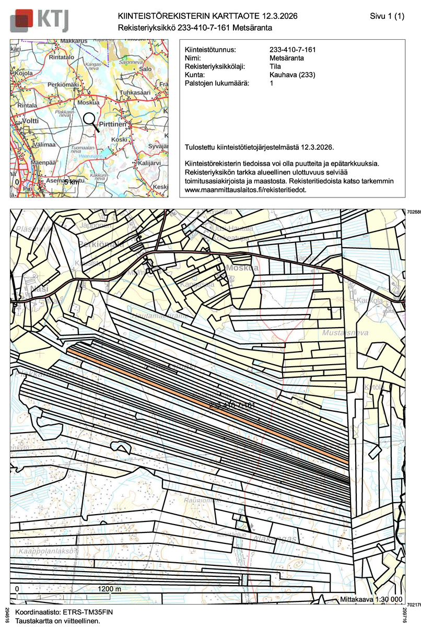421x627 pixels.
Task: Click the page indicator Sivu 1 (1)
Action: pos(387,17)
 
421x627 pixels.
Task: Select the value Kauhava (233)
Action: pos(292,75)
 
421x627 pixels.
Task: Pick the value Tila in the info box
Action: pos(275,66)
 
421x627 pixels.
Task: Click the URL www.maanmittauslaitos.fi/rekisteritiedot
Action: pos(245,190)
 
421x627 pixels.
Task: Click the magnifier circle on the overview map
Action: pos(90,119)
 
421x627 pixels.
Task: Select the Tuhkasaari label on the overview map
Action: pos(132,92)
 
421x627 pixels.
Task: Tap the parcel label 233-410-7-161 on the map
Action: pos(231,405)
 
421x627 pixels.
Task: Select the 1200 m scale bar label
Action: pos(110,589)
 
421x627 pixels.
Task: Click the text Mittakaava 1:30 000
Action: pos(371,599)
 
